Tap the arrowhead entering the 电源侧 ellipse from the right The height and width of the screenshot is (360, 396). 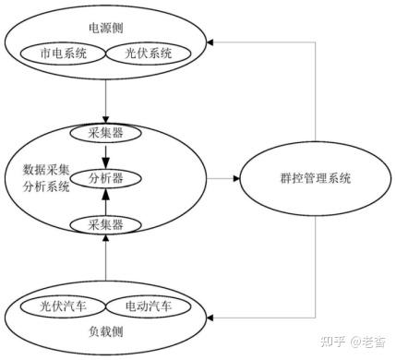coord(213,42)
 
